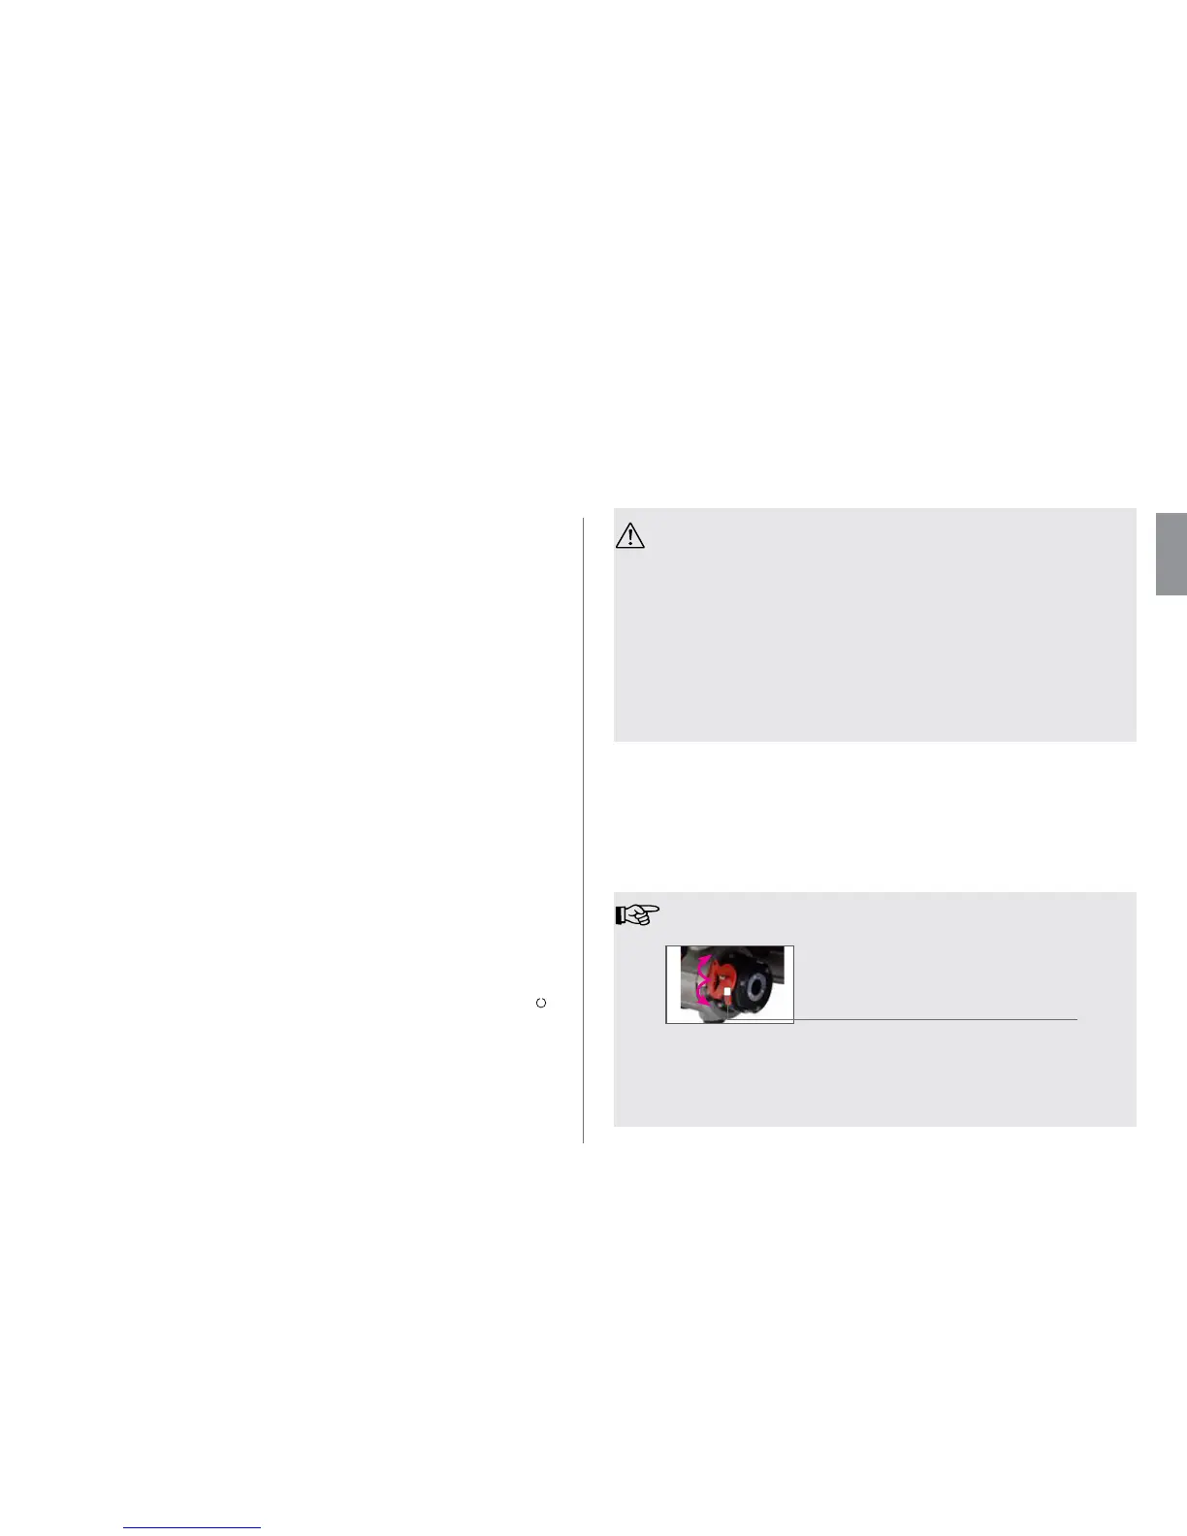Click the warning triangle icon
click(630, 536)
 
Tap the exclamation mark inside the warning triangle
click(630, 538)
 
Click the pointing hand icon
click(637, 913)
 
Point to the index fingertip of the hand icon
click(658, 910)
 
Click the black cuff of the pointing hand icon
click(619, 914)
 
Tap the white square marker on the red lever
click(726, 992)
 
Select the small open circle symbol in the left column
click(541, 1003)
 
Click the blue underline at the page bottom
click(192, 1527)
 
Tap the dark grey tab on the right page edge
click(1171, 554)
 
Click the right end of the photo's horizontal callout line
click(1075, 1019)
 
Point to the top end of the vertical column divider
click(583, 520)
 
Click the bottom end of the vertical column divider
click(583, 1141)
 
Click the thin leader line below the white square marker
click(726, 1008)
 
